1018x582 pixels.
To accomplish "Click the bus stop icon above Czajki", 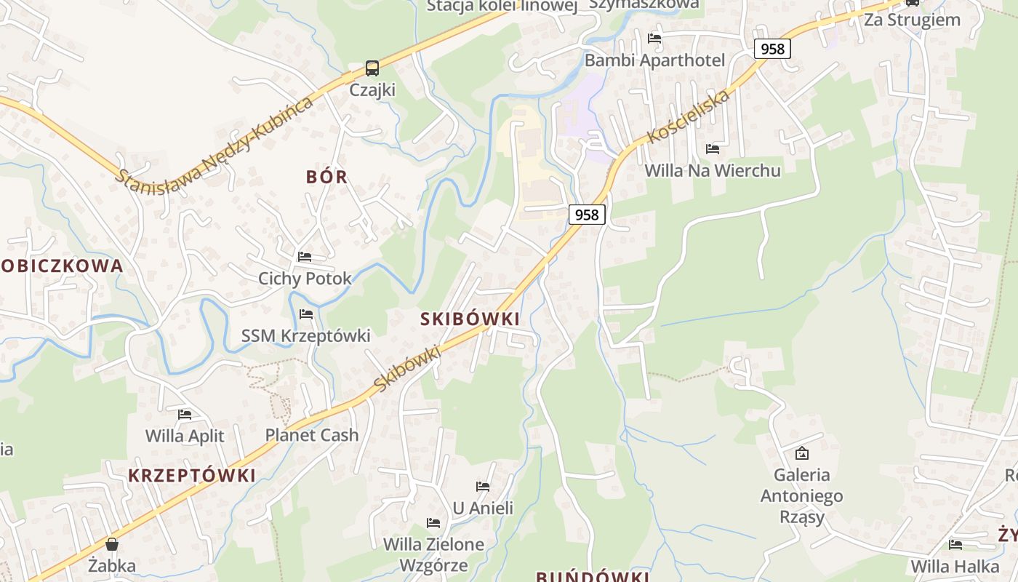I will [x=372, y=68].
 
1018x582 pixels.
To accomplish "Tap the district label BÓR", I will [x=327, y=177].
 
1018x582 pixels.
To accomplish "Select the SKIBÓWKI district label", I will [x=470, y=319].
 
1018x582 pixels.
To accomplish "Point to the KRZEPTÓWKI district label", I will [x=192, y=476].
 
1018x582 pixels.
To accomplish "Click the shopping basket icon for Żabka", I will [x=112, y=544].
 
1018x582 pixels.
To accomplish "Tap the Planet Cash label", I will [x=312, y=435].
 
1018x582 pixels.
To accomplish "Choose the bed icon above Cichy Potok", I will [x=305, y=257].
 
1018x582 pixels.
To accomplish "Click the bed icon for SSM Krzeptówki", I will [x=306, y=314].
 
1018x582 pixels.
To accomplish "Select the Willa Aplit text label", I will [x=185, y=436].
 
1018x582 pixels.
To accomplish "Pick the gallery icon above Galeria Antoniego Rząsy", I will [x=801, y=453].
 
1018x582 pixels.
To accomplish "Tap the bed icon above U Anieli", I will [x=483, y=487].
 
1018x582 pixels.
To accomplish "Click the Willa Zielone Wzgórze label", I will [x=433, y=554].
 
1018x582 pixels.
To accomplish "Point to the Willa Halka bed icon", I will [x=955, y=544].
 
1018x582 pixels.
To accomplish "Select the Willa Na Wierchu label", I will [x=713, y=170].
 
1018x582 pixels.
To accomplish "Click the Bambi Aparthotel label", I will [x=654, y=60].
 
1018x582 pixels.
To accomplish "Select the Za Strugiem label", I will [x=912, y=20].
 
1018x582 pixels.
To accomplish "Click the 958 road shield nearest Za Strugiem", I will [x=772, y=49].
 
